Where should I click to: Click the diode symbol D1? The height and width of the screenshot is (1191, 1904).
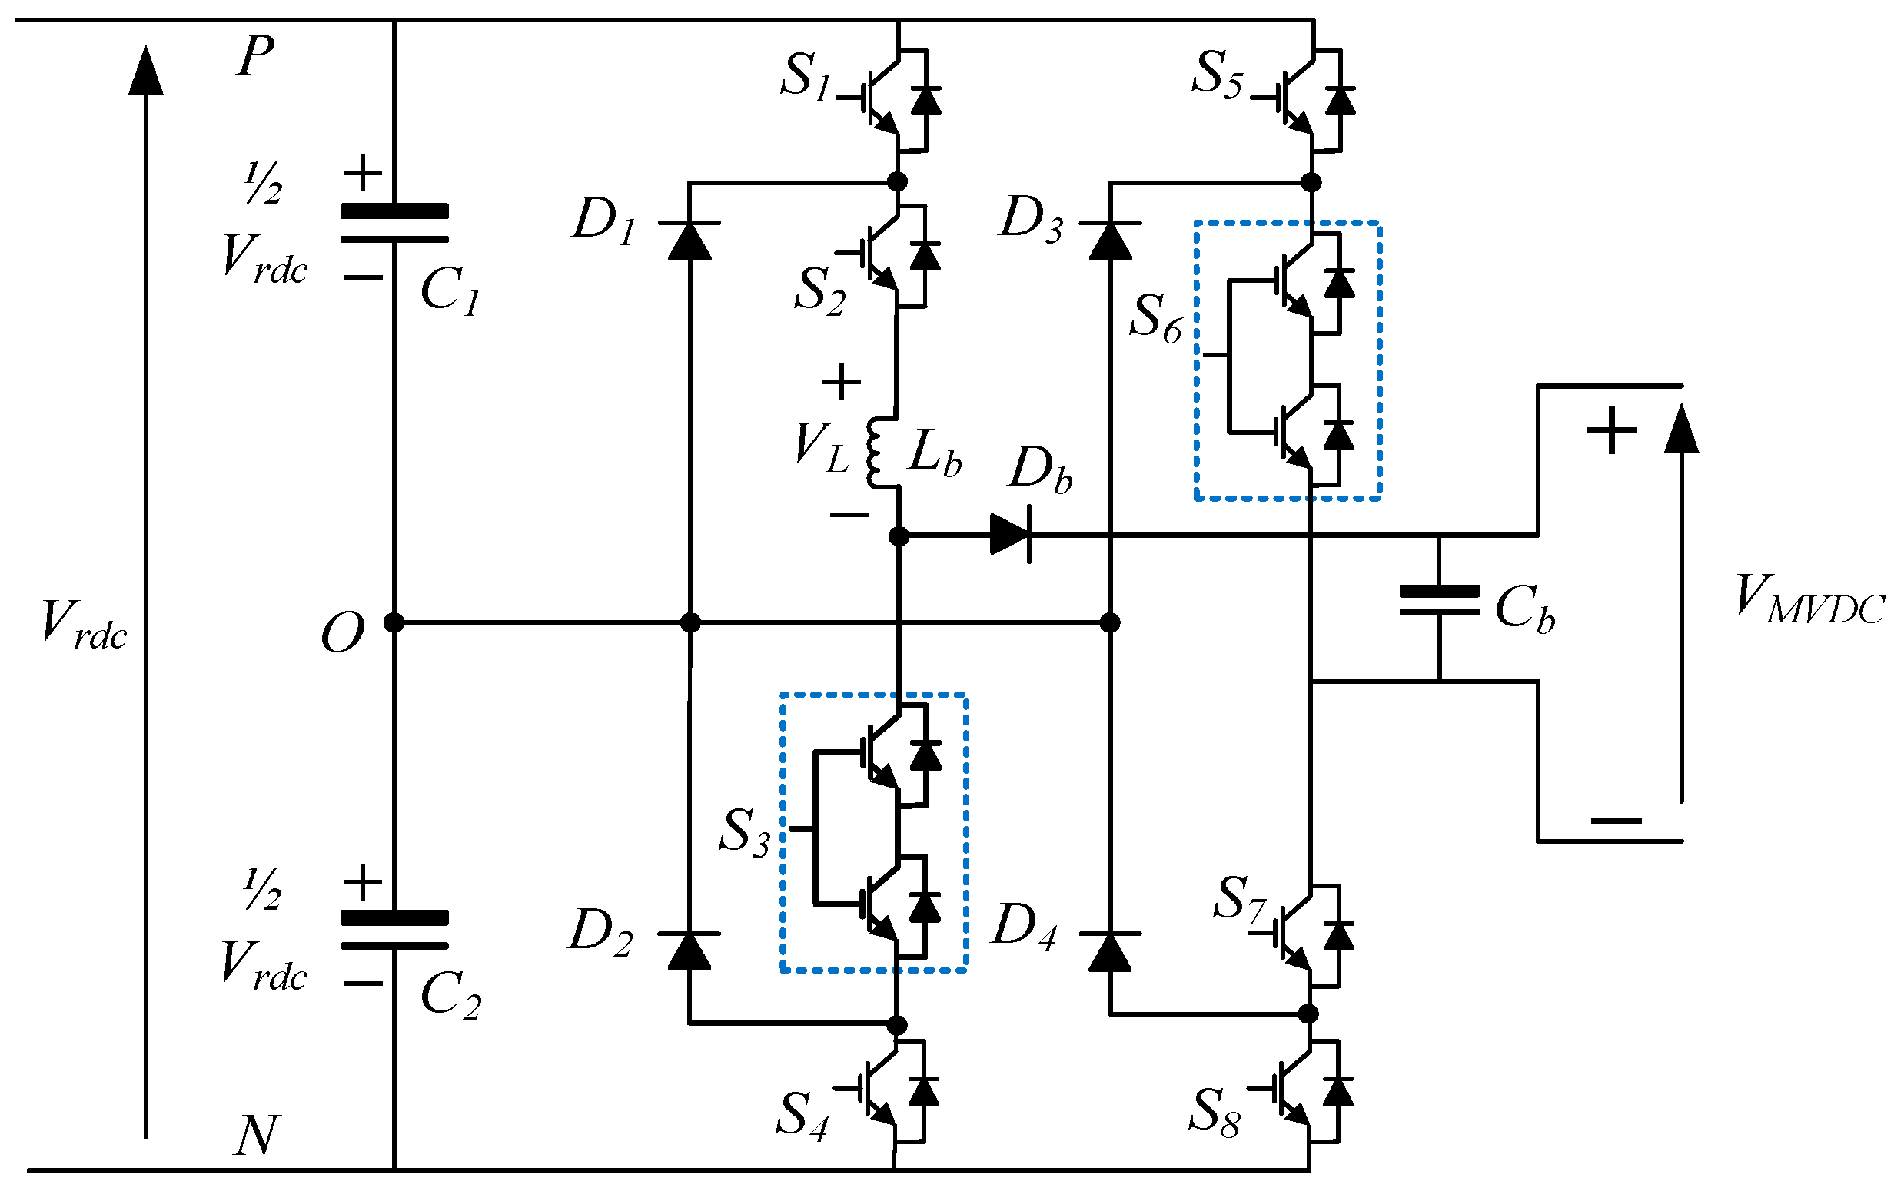click(689, 241)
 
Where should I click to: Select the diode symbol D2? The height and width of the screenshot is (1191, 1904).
click(689, 950)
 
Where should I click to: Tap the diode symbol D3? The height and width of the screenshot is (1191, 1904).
click(1110, 241)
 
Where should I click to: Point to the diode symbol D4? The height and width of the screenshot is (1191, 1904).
click(1110, 950)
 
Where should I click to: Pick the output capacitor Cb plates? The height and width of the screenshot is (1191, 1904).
click(1439, 600)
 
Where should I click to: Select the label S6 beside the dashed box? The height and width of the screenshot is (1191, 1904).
click(1155, 317)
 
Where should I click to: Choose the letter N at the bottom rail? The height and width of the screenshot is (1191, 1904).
click(257, 1135)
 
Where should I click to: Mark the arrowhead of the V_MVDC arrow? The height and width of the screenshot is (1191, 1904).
click(1681, 430)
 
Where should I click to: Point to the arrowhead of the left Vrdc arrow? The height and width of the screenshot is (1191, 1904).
click(146, 71)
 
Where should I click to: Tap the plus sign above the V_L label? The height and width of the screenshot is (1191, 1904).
click(842, 382)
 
